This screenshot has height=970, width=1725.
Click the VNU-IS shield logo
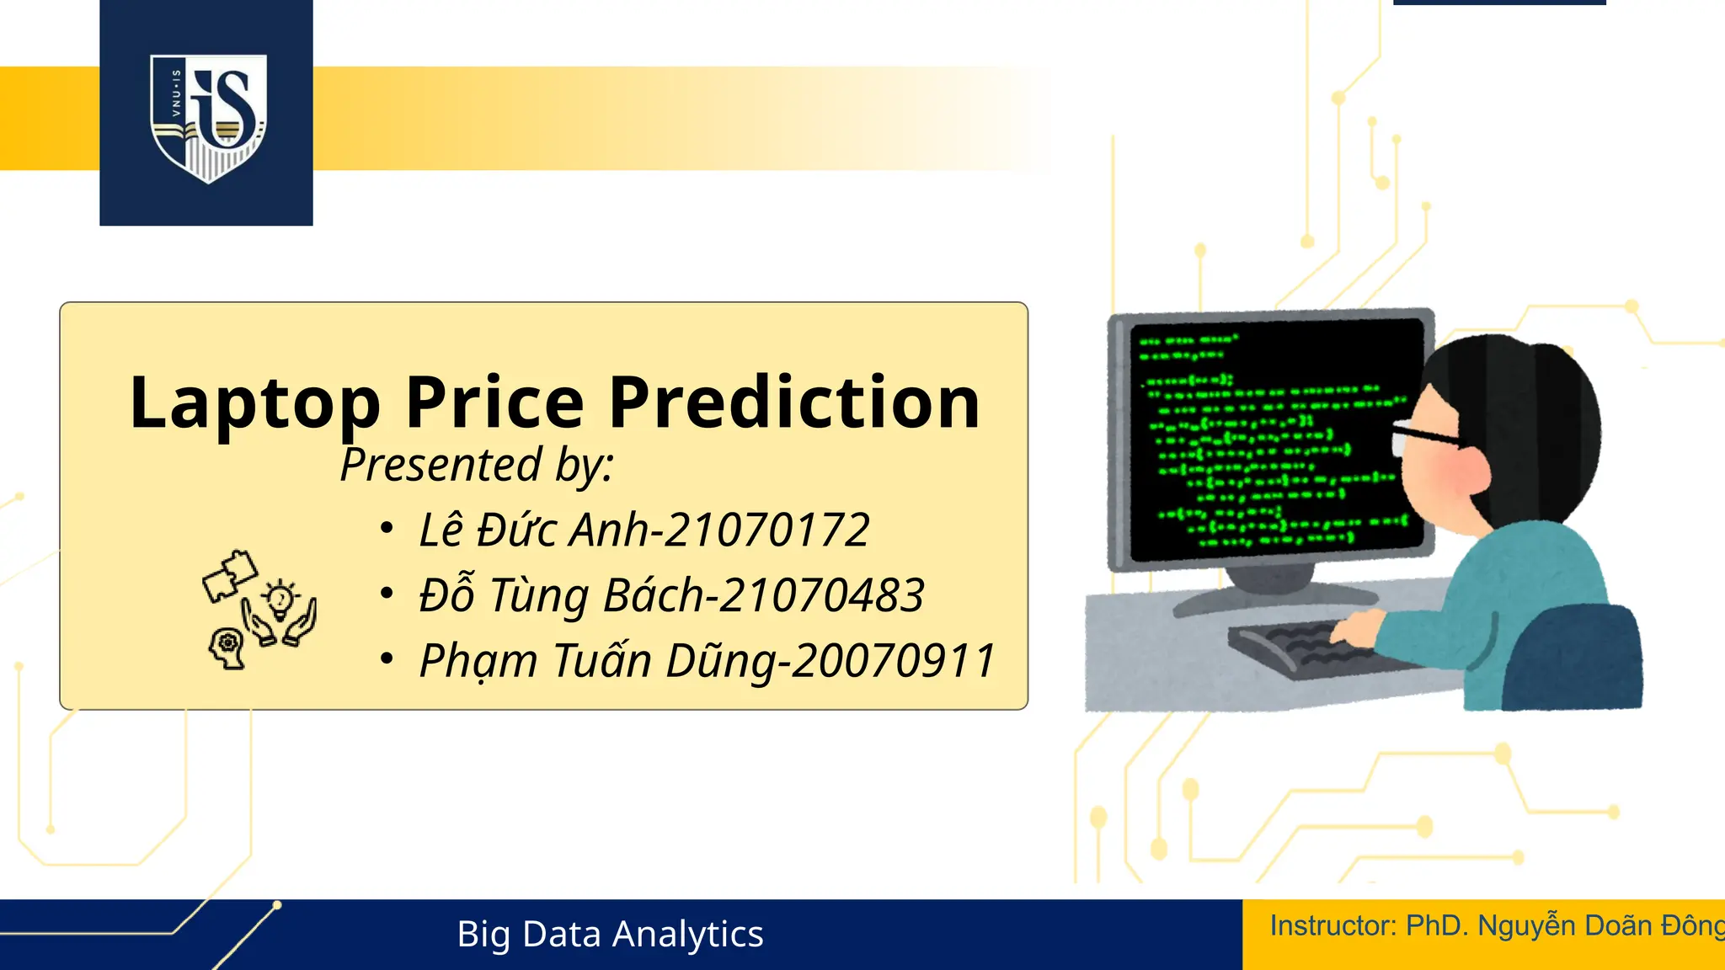click(208, 117)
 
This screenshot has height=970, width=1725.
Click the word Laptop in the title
click(254, 403)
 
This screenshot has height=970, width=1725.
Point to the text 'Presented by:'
click(477, 465)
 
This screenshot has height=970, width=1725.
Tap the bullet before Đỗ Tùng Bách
click(387, 594)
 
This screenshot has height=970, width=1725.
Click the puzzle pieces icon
click(229, 575)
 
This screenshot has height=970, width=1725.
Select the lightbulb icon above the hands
click(280, 599)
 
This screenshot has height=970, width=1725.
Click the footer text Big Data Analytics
click(610, 935)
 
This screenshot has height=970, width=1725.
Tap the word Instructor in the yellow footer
click(1331, 926)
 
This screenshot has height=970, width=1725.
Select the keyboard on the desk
click(1314, 647)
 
